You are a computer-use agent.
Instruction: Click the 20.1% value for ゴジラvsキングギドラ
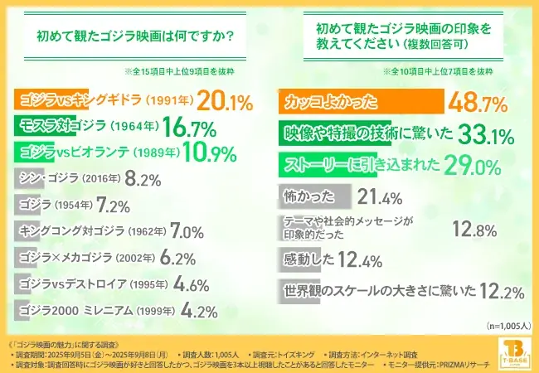[225, 102]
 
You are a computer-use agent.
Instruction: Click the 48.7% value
[477, 103]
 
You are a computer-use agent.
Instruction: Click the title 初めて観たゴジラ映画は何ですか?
[134, 36]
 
